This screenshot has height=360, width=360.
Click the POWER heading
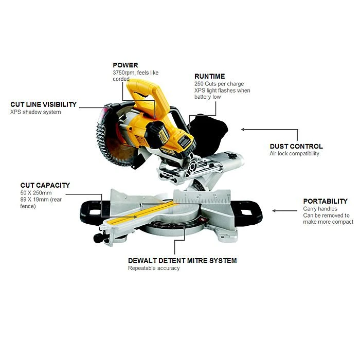(125, 65)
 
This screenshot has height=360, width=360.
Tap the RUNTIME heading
(210, 76)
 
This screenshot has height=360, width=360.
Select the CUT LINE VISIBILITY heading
(43, 104)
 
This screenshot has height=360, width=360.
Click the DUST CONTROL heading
(296, 147)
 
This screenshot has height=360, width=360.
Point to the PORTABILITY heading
(326, 202)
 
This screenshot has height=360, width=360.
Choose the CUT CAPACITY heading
(45, 185)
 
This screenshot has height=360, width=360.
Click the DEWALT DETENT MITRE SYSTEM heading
(182, 261)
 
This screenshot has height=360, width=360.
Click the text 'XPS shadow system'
(35, 112)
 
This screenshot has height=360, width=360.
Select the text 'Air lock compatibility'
(294, 154)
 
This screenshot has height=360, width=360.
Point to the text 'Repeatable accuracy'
(154, 268)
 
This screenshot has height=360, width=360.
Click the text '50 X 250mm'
(36, 193)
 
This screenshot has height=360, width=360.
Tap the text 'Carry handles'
(320, 209)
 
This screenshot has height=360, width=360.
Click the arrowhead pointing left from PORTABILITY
(274, 211)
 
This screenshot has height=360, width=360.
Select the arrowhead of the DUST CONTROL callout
(243, 130)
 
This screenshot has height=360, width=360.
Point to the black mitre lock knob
(99, 238)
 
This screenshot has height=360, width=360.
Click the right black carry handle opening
(247, 212)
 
